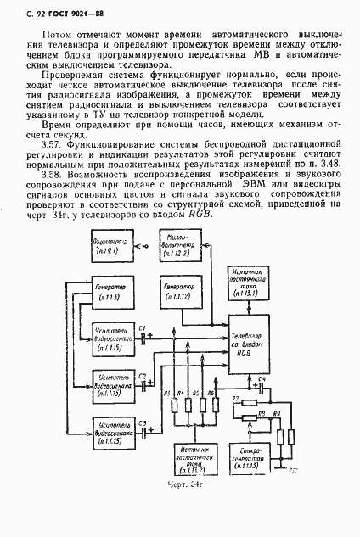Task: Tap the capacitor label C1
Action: pos(143,328)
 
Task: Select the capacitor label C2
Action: pos(143,376)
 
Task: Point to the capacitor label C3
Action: pos(143,423)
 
